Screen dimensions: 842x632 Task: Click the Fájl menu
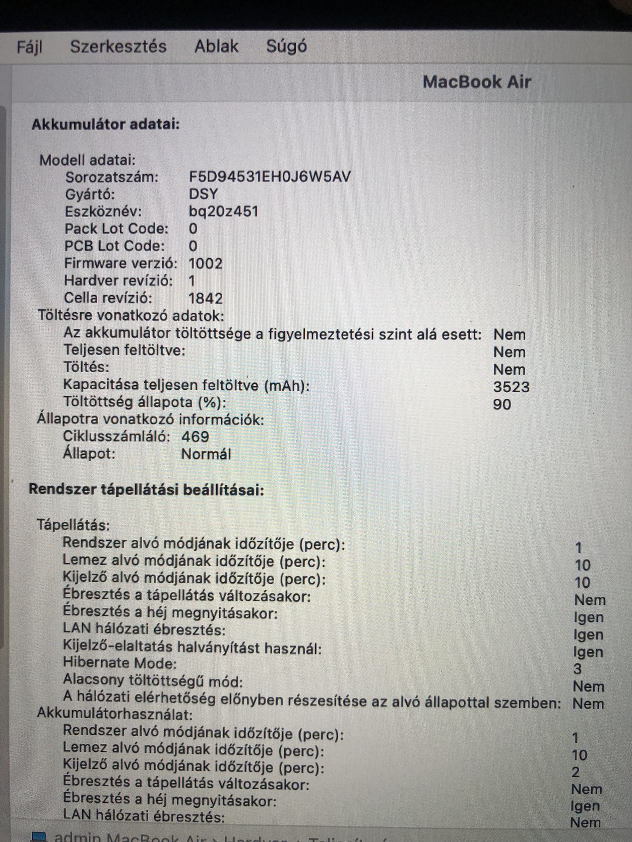pos(29,47)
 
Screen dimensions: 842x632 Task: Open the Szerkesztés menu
pos(118,46)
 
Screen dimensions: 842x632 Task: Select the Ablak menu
pos(216,46)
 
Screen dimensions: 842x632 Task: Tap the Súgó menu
pos(286,46)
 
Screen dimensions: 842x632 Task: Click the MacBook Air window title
pos(476,82)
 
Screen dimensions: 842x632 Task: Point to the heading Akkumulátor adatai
pos(105,124)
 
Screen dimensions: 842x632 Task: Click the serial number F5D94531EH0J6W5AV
pos(270,177)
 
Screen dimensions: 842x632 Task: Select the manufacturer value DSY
pos(203,194)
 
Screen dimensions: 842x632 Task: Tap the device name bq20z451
pos(223,211)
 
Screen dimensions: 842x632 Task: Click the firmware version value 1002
pos(205,263)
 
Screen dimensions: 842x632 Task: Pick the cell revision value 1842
pos(205,298)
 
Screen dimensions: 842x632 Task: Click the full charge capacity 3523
pos(511,387)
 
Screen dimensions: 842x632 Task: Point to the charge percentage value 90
pos(502,404)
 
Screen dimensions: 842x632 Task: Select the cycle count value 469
pos(195,437)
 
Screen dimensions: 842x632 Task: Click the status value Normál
pos(206,454)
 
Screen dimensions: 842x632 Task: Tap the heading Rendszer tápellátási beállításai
pos(146,489)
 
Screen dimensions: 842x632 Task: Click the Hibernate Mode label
pos(120,663)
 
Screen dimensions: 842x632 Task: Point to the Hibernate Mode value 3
pos(578,669)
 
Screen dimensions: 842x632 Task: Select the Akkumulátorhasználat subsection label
pos(114,714)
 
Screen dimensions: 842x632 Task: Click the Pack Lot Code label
pos(116,229)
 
